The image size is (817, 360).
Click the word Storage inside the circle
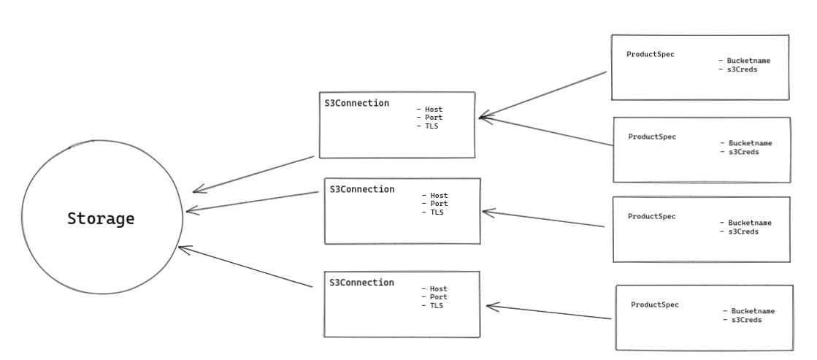coord(101,218)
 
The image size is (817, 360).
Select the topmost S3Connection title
coord(357,103)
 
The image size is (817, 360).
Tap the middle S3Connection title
coord(362,189)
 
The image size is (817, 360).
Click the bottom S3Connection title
coord(362,283)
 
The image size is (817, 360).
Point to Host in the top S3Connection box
coord(433,110)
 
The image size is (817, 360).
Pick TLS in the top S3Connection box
coord(431,126)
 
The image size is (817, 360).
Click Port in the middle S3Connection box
coord(438,204)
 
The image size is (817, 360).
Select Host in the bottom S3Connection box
coord(438,289)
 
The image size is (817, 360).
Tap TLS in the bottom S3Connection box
coord(437,306)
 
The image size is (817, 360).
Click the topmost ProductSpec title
coord(651,55)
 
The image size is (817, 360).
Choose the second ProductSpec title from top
coord(652,137)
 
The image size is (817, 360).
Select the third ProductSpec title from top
coord(652,216)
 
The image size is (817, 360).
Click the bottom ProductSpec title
coord(655,305)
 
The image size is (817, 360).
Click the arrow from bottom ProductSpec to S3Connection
coord(548,313)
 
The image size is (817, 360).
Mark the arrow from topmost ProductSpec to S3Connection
coord(543,94)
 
